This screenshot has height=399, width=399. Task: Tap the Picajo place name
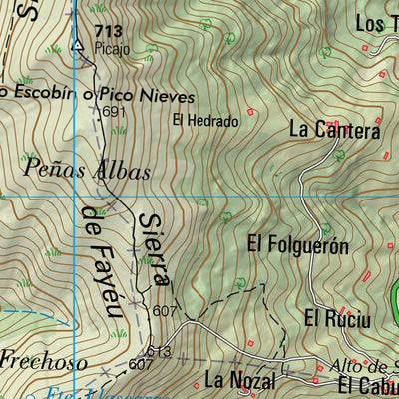[x=113, y=47]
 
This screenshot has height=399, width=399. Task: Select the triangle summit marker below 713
[x=79, y=45]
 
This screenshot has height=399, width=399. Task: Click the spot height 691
[x=114, y=112]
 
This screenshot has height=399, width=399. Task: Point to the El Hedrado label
[x=205, y=121]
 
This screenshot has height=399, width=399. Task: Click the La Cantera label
[x=335, y=130]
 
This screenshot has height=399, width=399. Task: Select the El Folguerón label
[x=297, y=243]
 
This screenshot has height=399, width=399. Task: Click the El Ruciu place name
[x=337, y=319]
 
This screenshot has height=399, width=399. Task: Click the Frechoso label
[x=43, y=359]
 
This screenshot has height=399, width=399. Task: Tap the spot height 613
[x=159, y=352]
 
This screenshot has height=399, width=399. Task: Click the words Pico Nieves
[x=156, y=93]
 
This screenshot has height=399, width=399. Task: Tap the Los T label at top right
[x=376, y=23]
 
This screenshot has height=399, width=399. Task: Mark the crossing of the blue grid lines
[x=76, y=197]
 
